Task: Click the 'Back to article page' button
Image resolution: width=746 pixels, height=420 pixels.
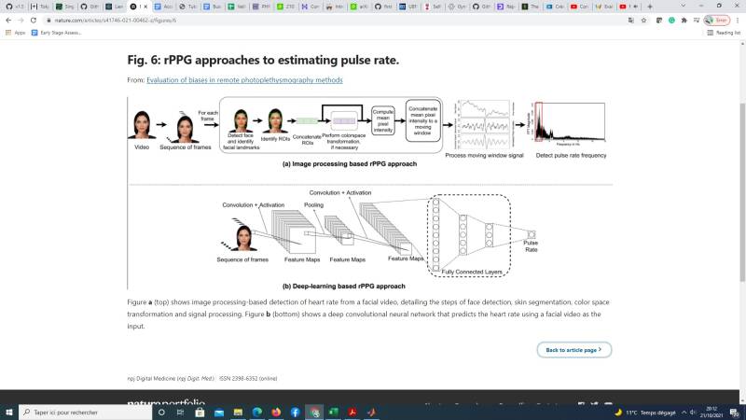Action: [573, 350]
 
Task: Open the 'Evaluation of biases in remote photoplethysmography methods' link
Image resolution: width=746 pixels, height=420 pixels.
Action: [244, 80]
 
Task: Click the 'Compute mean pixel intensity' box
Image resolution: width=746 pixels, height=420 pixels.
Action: [384, 120]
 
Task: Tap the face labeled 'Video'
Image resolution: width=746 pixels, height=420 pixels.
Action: [143, 125]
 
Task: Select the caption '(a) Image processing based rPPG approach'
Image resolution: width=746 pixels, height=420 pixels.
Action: [349, 164]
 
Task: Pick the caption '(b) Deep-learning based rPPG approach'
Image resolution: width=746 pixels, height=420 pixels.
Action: [343, 286]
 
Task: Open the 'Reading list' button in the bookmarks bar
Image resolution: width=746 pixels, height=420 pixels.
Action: [724, 33]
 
